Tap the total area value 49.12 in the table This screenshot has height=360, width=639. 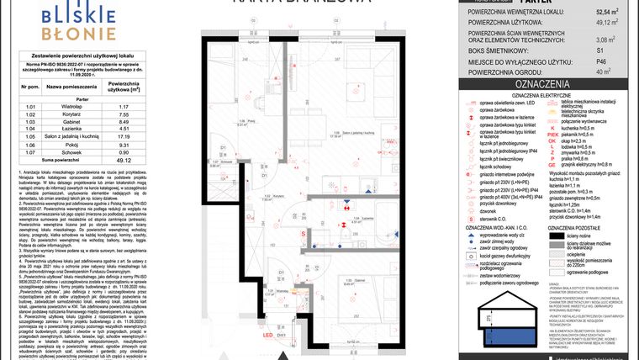pos(123,159)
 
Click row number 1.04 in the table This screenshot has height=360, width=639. pos(31,127)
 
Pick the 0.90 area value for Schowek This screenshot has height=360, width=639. pos(123,152)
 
